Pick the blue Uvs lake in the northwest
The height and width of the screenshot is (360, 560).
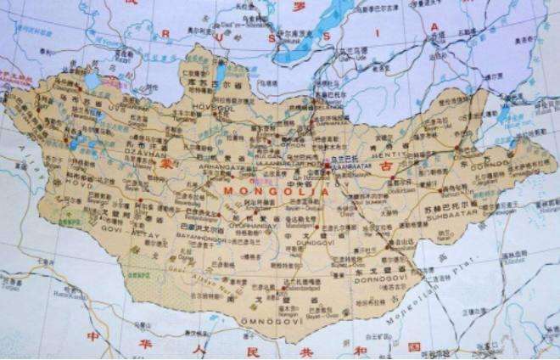click(x=92, y=81)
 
